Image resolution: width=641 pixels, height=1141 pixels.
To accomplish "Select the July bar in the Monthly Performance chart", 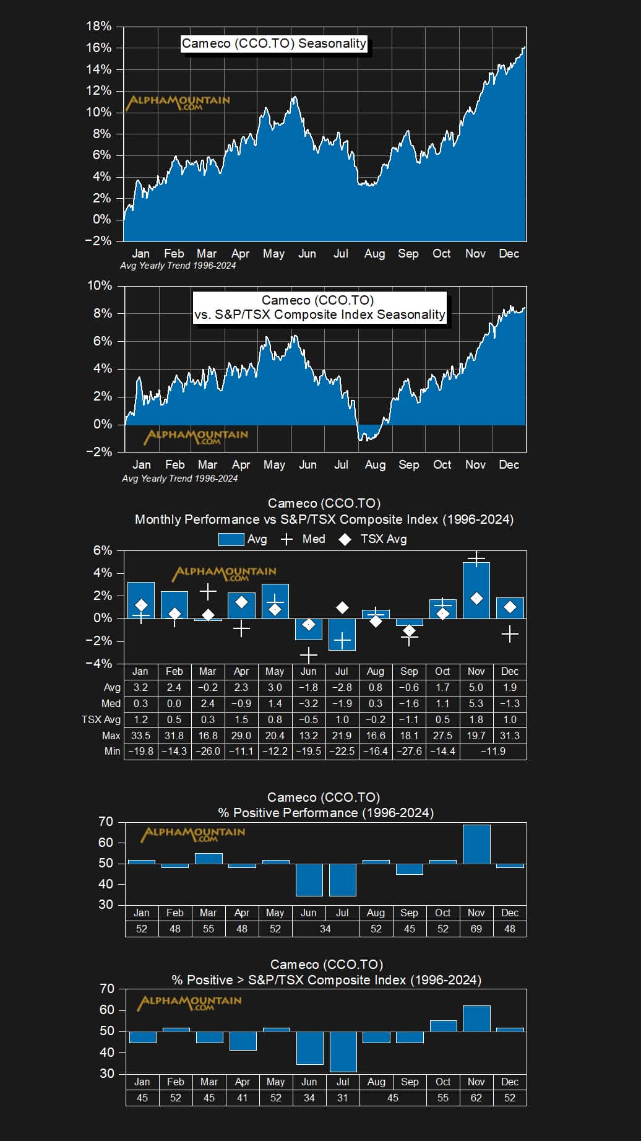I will (342, 634).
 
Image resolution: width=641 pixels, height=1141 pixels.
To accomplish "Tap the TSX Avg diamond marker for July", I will (342, 608).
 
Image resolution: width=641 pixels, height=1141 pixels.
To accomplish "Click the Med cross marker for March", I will (208, 592).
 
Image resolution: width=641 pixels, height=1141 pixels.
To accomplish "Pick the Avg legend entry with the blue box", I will (243, 539).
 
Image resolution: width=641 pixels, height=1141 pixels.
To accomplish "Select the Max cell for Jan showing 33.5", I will (140, 735).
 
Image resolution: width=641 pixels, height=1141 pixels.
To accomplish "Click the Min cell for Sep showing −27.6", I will (409, 751).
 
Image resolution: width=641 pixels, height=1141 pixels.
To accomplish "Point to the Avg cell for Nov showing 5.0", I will (476, 687).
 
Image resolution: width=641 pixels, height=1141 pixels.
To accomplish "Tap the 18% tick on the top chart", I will (98, 26).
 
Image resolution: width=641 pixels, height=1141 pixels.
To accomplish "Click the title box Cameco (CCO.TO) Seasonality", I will (274, 43).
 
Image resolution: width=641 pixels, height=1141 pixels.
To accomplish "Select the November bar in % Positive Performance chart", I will (476, 844).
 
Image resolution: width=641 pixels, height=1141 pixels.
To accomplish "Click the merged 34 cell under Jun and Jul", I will (325, 929).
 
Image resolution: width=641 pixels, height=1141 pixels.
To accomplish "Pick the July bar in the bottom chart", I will (343, 1051).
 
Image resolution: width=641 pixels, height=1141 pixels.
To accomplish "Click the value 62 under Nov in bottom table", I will (476, 1098).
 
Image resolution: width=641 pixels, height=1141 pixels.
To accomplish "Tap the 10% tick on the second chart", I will (100, 285).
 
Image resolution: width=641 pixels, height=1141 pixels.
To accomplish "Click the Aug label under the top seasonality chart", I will (374, 253).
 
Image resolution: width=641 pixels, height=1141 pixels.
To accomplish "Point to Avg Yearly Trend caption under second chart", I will (179, 479).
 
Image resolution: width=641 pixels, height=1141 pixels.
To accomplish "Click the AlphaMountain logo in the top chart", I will (178, 102).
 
